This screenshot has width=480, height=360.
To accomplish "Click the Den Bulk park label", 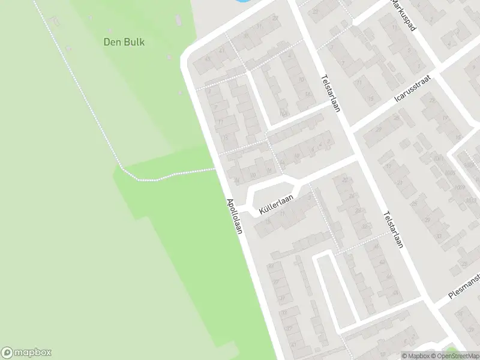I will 125,42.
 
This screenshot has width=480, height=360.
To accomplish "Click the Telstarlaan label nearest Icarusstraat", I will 331,94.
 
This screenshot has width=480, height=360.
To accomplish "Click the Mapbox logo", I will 26,353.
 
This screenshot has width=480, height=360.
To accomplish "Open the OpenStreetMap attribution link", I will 457,356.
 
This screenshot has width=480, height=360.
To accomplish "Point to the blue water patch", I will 240,2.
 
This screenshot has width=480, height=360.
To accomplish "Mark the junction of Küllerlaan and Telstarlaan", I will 358,157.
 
